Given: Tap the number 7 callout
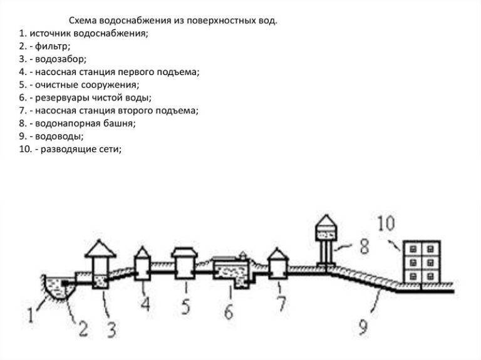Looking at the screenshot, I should pyautogui.click(x=281, y=306).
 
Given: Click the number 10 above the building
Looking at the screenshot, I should pyautogui.click(x=386, y=223).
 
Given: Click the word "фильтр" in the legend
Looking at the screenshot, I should pyautogui.click(x=51, y=46).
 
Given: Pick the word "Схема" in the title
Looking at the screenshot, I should pyautogui.click(x=81, y=20).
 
